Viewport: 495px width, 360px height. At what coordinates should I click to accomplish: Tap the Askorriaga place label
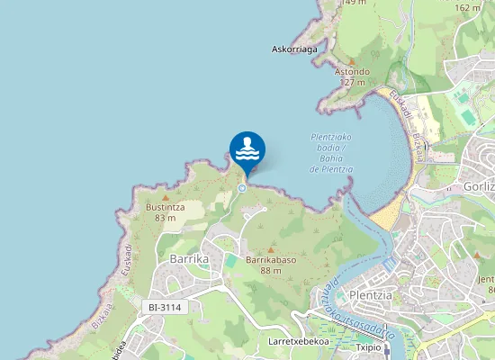294,49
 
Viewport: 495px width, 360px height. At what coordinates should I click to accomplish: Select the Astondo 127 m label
352,76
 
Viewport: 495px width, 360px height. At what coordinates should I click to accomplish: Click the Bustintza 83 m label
165,211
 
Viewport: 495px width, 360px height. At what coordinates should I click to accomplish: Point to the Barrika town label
189,259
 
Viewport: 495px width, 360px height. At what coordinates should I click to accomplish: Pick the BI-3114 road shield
165,308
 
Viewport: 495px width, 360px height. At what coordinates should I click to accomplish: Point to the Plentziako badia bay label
329,153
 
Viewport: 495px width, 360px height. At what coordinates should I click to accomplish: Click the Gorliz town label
478,187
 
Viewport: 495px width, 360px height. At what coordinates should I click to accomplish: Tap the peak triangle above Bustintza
165,196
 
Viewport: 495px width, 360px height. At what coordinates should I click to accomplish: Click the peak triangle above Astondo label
352,61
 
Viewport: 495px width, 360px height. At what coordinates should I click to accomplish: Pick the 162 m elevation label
467,7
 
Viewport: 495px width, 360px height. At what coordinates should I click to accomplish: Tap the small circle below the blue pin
243,187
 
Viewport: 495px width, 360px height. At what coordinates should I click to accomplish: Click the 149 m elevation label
355,3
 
